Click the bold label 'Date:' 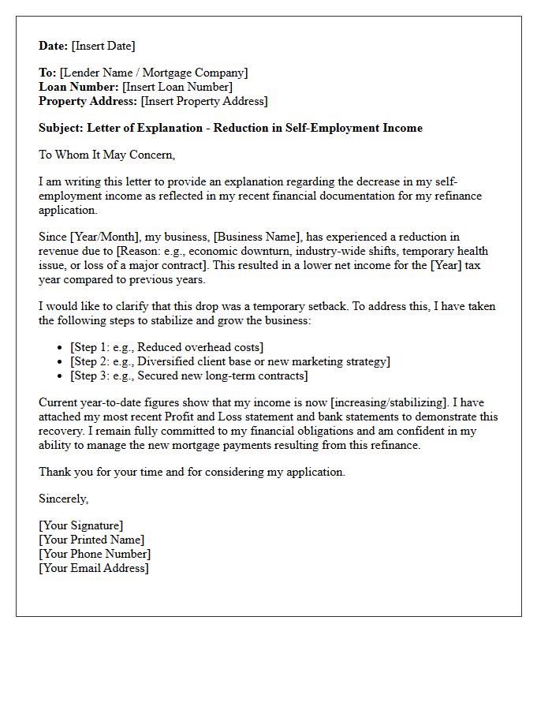(x=54, y=46)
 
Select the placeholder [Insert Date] (x=103, y=46)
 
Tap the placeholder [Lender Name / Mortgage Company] (x=154, y=73)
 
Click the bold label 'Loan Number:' (x=77, y=87)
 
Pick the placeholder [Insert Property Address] (x=203, y=101)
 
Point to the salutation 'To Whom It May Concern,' (x=106, y=155)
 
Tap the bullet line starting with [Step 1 (x=166, y=347)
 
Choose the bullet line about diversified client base (x=229, y=361)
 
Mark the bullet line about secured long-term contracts (x=188, y=376)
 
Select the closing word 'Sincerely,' (x=64, y=499)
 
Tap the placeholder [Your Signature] (x=80, y=525)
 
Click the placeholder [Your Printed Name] (x=91, y=540)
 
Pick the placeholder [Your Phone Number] (x=95, y=554)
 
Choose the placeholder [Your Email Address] (x=93, y=568)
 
